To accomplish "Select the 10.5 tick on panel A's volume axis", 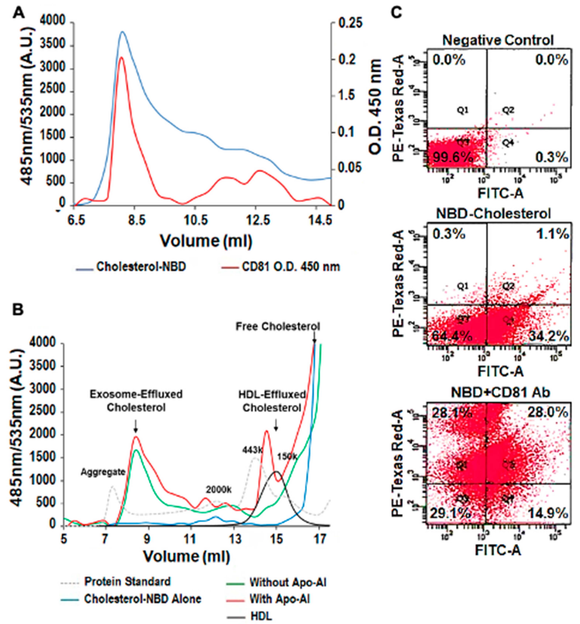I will click(195, 221).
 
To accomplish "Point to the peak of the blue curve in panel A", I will click(122, 32).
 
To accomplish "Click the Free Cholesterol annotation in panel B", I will click(278, 327).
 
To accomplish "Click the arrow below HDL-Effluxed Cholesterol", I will click(276, 425).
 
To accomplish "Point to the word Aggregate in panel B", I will click(103, 472).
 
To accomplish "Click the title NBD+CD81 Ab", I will click(501, 393).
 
